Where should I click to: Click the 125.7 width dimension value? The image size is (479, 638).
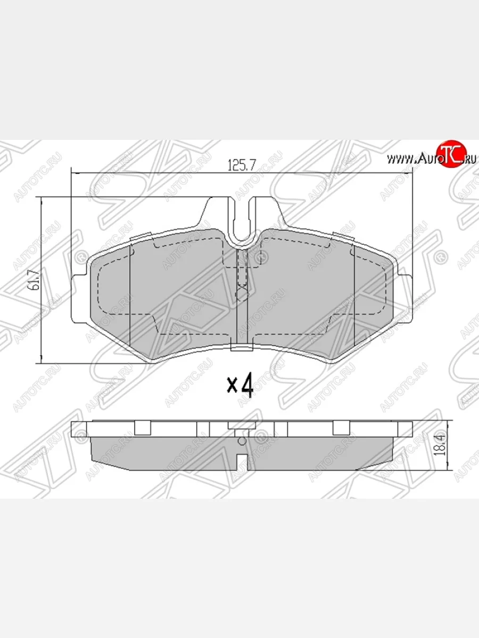click(x=242, y=165)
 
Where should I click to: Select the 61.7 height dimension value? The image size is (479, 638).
click(x=35, y=279)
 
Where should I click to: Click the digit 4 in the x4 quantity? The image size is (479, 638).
click(x=246, y=385)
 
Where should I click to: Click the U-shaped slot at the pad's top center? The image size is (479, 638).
click(x=243, y=223)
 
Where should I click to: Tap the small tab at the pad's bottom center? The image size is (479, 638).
click(x=242, y=349)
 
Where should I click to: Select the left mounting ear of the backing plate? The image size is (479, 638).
click(x=78, y=282)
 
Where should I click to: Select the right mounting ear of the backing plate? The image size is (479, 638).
click(x=407, y=282)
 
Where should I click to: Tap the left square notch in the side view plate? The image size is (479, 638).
click(x=143, y=428)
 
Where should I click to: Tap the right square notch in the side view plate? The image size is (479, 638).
click(x=341, y=428)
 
